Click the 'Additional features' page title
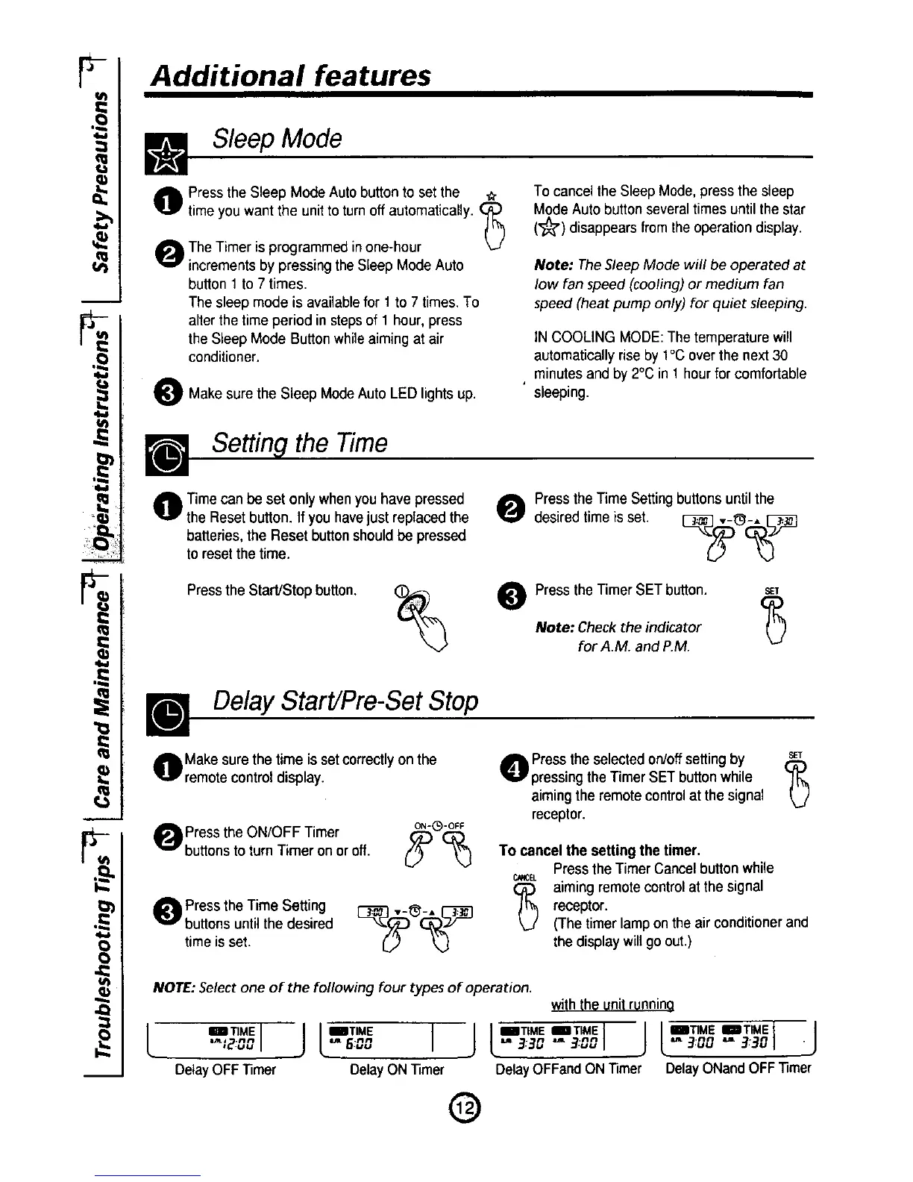coord(290,75)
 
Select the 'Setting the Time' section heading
coord(300,443)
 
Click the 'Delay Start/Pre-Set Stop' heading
coord(345,701)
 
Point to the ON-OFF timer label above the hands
coord(439,826)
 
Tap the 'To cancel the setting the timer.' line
coord(599,851)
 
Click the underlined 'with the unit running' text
coord(613,1004)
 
